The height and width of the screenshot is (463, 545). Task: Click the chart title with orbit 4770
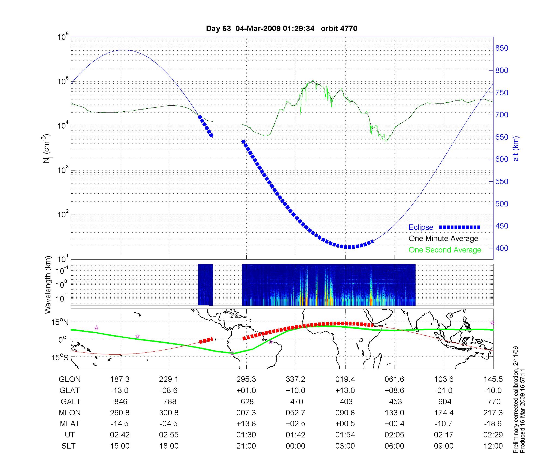(x=281, y=29)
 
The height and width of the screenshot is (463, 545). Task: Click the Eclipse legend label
(x=421, y=227)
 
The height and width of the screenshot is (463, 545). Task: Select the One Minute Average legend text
(x=443, y=239)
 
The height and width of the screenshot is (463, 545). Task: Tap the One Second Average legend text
(x=445, y=250)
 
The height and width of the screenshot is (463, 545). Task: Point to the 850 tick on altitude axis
(x=502, y=48)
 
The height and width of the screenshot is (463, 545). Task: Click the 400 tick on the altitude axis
(x=502, y=248)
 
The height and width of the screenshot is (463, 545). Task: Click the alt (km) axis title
(x=516, y=148)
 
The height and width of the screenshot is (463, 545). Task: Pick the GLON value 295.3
(x=246, y=379)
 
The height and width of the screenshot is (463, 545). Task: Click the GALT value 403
(x=346, y=402)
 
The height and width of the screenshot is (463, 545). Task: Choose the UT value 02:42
(x=120, y=435)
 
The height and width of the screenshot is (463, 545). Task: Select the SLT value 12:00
(x=493, y=446)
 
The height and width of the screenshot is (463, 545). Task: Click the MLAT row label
(x=70, y=424)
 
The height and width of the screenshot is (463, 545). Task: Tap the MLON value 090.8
(x=345, y=413)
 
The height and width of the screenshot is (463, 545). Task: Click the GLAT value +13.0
(x=345, y=391)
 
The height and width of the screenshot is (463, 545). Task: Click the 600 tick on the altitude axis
(x=502, y=159)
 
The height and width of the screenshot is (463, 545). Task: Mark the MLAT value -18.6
(x=493, y=424)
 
